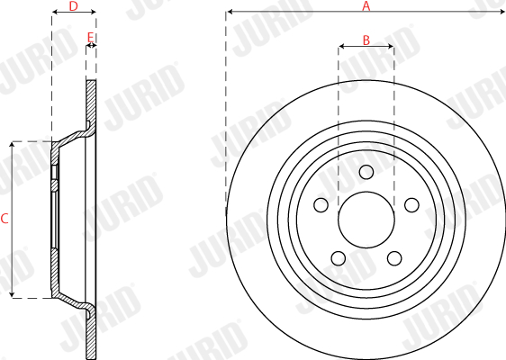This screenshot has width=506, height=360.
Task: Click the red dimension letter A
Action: [366, 5]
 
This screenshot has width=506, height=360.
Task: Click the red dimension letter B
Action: [366, 40]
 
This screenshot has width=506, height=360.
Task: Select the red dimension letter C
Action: [5, 219]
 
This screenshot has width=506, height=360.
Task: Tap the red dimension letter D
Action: [74, 5]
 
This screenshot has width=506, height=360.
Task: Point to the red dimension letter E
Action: [91, 38]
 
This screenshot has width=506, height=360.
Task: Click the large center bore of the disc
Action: [366, 220]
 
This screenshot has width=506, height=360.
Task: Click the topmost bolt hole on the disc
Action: [366, 172]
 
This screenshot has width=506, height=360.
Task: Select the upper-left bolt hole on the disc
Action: [321, 205]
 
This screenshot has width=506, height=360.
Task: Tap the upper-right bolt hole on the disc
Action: [411, 205]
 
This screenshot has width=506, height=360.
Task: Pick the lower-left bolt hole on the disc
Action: [339, 258]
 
